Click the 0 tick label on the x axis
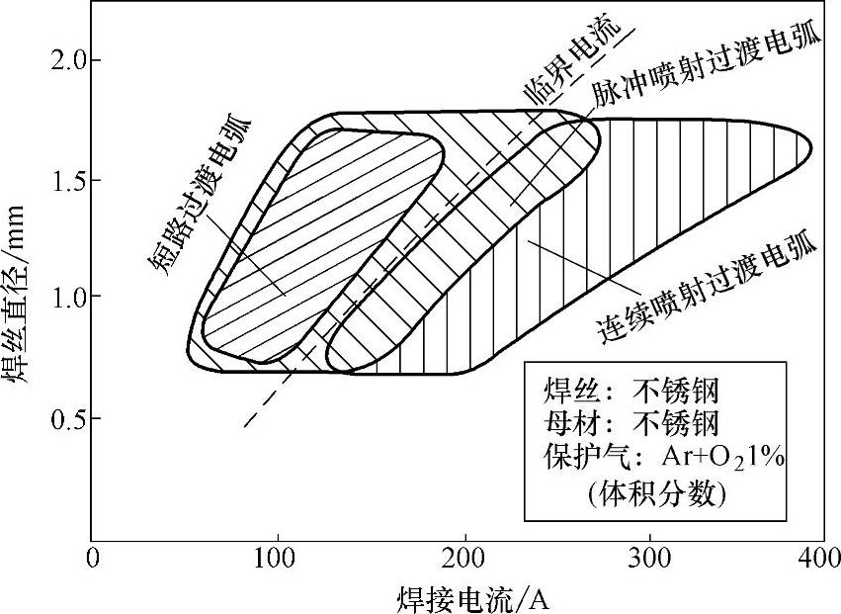pos(92,559)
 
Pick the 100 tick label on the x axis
pos(278,559)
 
